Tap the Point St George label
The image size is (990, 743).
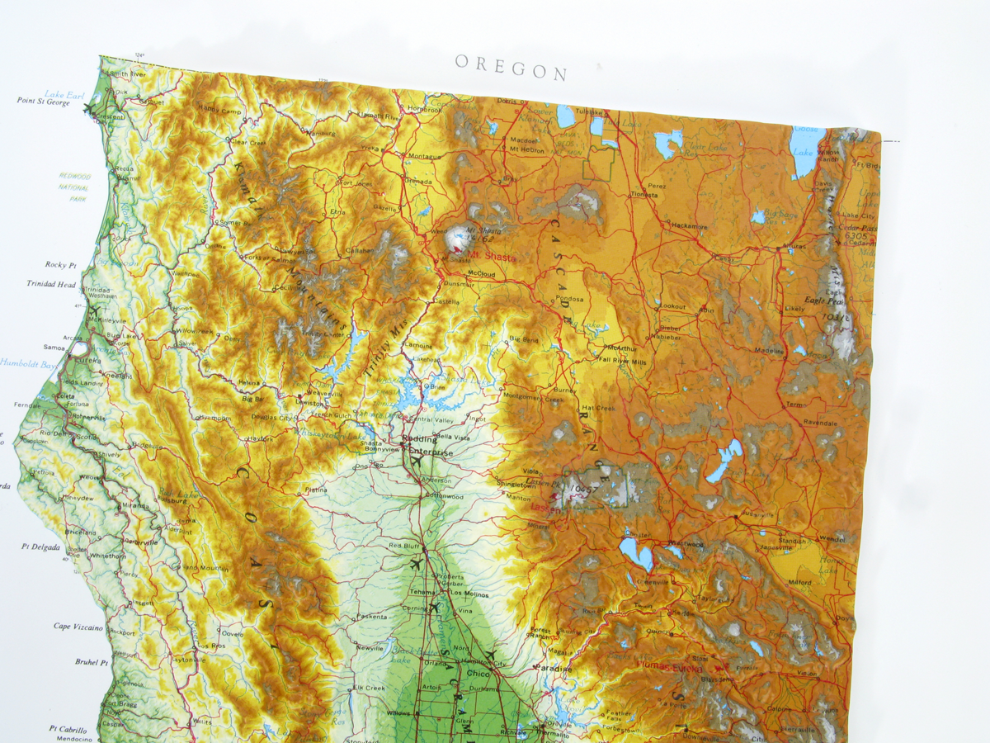click(44, 102)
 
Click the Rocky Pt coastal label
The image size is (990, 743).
click(61, 265)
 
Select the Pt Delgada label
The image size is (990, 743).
click(41, 546)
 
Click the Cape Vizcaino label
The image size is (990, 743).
click(78, 627)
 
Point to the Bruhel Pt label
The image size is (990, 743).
click(92, 662)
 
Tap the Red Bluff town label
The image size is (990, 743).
click(405, 546)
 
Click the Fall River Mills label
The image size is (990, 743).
click(623, 360)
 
